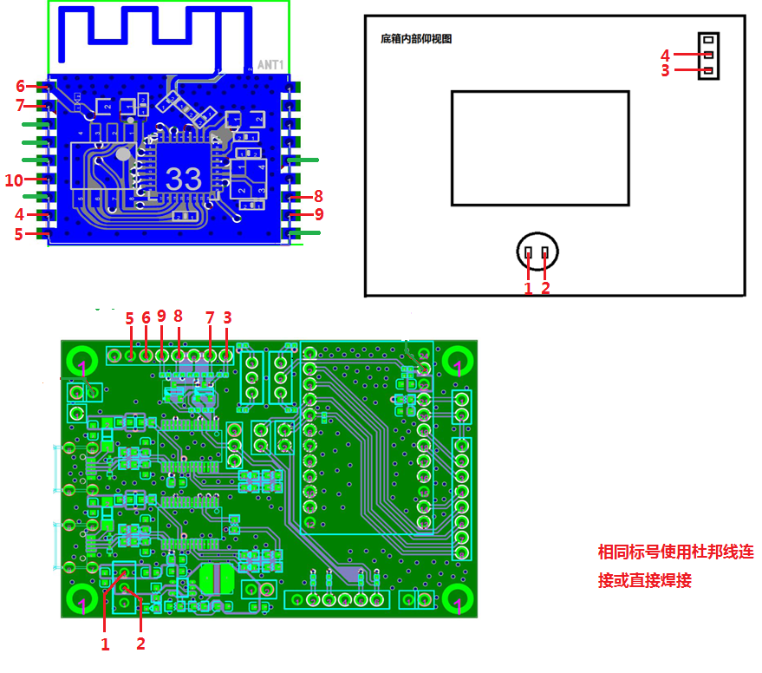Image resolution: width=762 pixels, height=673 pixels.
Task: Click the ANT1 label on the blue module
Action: click(x=270, y=65)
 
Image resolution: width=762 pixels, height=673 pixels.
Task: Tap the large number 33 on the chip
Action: click(x=183, y=179)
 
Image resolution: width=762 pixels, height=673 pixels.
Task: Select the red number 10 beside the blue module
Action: click(x=14, y=180)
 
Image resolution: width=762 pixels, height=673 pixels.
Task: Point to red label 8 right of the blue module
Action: click(x=318, y=196)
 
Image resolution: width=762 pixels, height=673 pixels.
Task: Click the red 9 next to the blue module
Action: click(x=319, y=213)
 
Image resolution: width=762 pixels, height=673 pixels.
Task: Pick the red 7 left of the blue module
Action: click(x=21, y=106)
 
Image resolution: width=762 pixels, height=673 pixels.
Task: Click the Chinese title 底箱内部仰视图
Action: click(x=416, y=39)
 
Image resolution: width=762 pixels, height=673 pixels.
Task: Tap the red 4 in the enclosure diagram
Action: click(x=666, y=54)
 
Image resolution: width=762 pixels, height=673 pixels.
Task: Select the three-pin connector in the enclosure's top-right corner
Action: click(x=709, y=55)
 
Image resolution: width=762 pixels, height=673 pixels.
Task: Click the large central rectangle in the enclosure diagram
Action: click(x=540, y=147)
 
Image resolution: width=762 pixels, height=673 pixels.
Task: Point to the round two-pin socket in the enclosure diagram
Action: click(x=537, y=252)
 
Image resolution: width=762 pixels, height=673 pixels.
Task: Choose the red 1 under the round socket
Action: click(x=528, y=288)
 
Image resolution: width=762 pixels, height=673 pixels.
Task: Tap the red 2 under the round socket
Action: click(x=545, y=288)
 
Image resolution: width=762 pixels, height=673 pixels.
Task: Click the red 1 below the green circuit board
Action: click(x=105, y=644)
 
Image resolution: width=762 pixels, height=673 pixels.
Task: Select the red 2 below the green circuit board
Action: click(x=140, y=644)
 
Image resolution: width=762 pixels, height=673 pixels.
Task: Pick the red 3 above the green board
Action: click(x=227, y=318)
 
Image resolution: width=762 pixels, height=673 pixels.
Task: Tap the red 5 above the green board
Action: click(x=129, y=318)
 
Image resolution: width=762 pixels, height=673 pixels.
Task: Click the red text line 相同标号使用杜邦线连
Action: click(x=675, y=552)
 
